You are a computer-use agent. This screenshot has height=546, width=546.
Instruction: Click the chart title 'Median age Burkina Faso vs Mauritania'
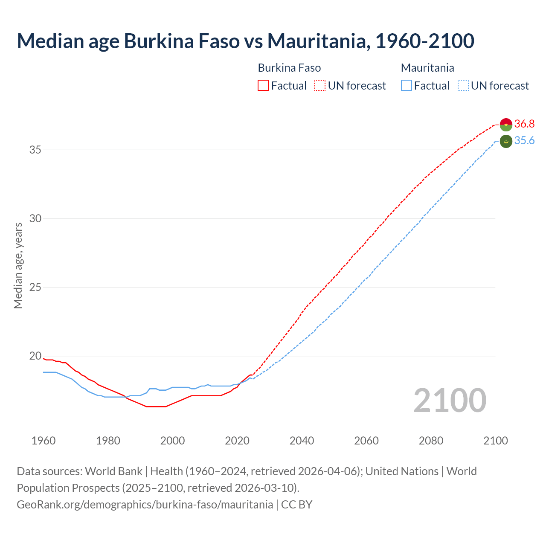(x=245, y=41)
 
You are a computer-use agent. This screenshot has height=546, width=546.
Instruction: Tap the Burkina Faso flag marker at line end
(x=506, y=125)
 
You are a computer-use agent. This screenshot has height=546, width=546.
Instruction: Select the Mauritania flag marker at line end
(x=506, y=141)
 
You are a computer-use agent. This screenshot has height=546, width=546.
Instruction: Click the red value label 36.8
(x=524, y=124)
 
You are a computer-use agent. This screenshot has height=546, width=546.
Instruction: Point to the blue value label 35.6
(x=524, y=141)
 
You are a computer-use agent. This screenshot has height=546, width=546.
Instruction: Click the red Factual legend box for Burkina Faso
(x=263, y=86)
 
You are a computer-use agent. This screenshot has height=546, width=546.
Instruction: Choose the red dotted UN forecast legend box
(x=320, y=86)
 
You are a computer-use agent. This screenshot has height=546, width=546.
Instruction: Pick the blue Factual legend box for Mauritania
(x=407, y=86)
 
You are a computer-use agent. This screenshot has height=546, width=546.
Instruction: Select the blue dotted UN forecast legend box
(x=463, y=86)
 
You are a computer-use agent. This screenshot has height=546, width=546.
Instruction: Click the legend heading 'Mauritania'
(x=427, y=68)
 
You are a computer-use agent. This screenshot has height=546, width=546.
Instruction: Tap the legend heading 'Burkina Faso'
(x=289, y=68)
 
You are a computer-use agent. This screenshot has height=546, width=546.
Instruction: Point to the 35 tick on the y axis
(x=35, y=150)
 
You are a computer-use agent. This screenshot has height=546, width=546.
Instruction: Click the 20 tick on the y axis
(x=35, y=356)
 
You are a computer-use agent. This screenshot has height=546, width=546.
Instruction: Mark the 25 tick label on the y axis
(x=35, y=287)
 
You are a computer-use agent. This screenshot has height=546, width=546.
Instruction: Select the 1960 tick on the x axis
(x=44, y=441)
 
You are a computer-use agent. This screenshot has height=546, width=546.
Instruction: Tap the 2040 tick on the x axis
(x=302, y=441)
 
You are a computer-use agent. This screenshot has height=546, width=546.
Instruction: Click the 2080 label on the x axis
(x=431, y=441)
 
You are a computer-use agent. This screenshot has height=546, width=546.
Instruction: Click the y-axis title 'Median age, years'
(x=18, y=265)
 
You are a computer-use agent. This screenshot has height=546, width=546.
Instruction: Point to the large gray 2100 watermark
(x=450, y=400)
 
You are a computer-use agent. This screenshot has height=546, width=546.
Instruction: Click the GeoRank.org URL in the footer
(x=145, y=504)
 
